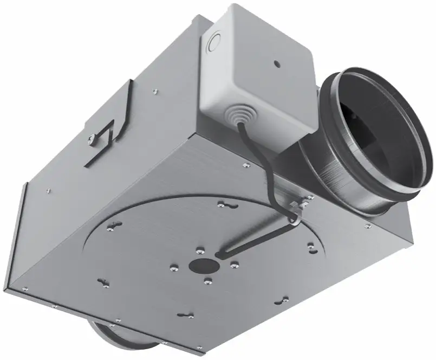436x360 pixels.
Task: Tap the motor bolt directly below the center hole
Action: pos(208,280)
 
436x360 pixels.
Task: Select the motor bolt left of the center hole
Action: pos(174,266)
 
